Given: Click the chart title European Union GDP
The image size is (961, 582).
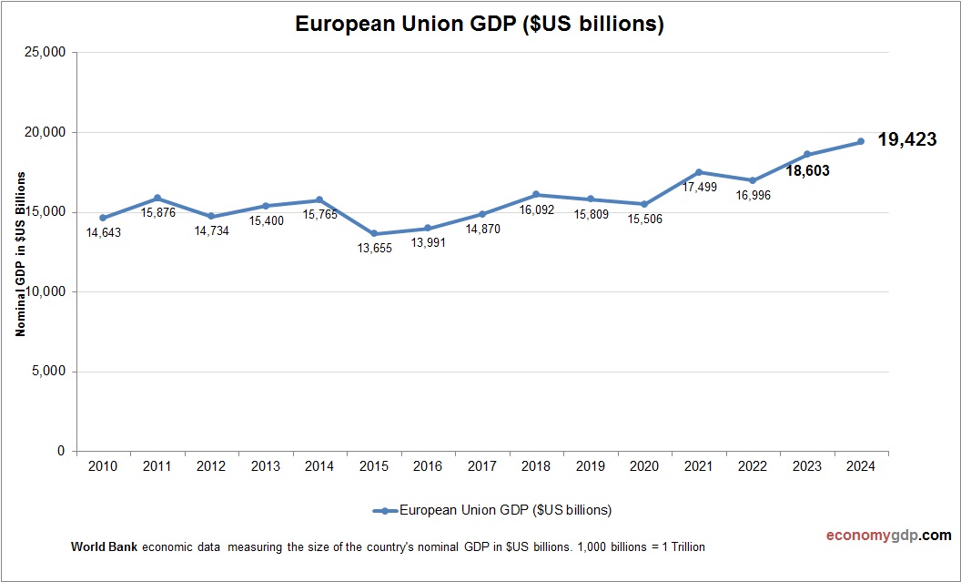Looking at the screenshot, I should coord(480,25).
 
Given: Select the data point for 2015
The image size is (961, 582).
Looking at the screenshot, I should coord(374,234).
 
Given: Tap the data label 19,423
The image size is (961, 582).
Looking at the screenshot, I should coord(906,139).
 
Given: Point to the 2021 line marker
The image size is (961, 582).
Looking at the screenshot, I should coord(699,172).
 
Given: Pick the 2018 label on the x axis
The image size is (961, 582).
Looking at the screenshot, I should coord(536,467).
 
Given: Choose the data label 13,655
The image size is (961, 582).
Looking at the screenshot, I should coord(374,249).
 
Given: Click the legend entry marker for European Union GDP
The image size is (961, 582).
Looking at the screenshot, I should coord(386,510).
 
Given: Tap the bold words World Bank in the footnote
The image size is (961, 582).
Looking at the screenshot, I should coord(102,547).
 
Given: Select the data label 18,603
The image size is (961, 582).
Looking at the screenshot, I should coord(807,170).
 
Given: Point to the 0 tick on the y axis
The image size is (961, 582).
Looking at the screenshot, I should coord(60,452).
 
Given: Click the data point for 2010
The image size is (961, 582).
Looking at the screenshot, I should coord(103,218).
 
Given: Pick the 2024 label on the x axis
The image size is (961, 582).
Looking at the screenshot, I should coord(861,467).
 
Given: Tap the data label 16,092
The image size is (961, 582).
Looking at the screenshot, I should coord(536,209).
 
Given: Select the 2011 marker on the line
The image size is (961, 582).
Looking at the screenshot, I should coord(157,198).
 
